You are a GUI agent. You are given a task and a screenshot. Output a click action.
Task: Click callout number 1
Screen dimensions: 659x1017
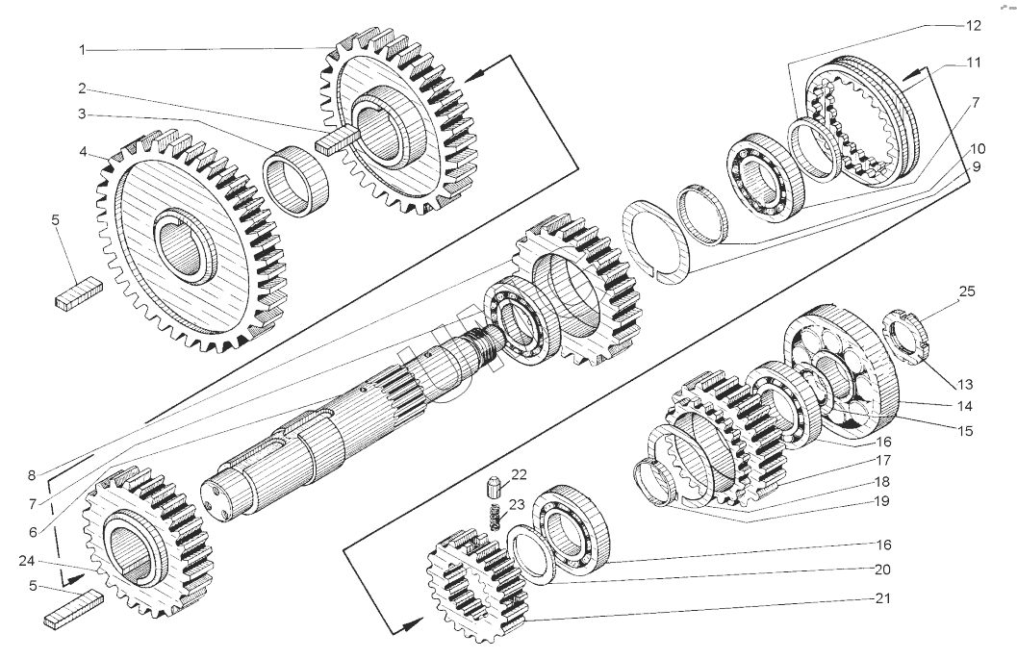(82, 48)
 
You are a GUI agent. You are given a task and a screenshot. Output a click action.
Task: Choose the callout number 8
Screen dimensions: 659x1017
(31, 474)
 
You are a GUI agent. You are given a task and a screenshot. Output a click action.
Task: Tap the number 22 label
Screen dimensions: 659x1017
(520, 474)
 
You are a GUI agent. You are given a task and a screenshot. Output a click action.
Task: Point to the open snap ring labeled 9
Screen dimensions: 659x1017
(658, 241)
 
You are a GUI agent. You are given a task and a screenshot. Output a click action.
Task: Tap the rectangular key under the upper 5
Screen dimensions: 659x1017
(78, 292)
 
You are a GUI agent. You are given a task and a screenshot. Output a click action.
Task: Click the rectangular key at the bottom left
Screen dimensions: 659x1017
(73, 610)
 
